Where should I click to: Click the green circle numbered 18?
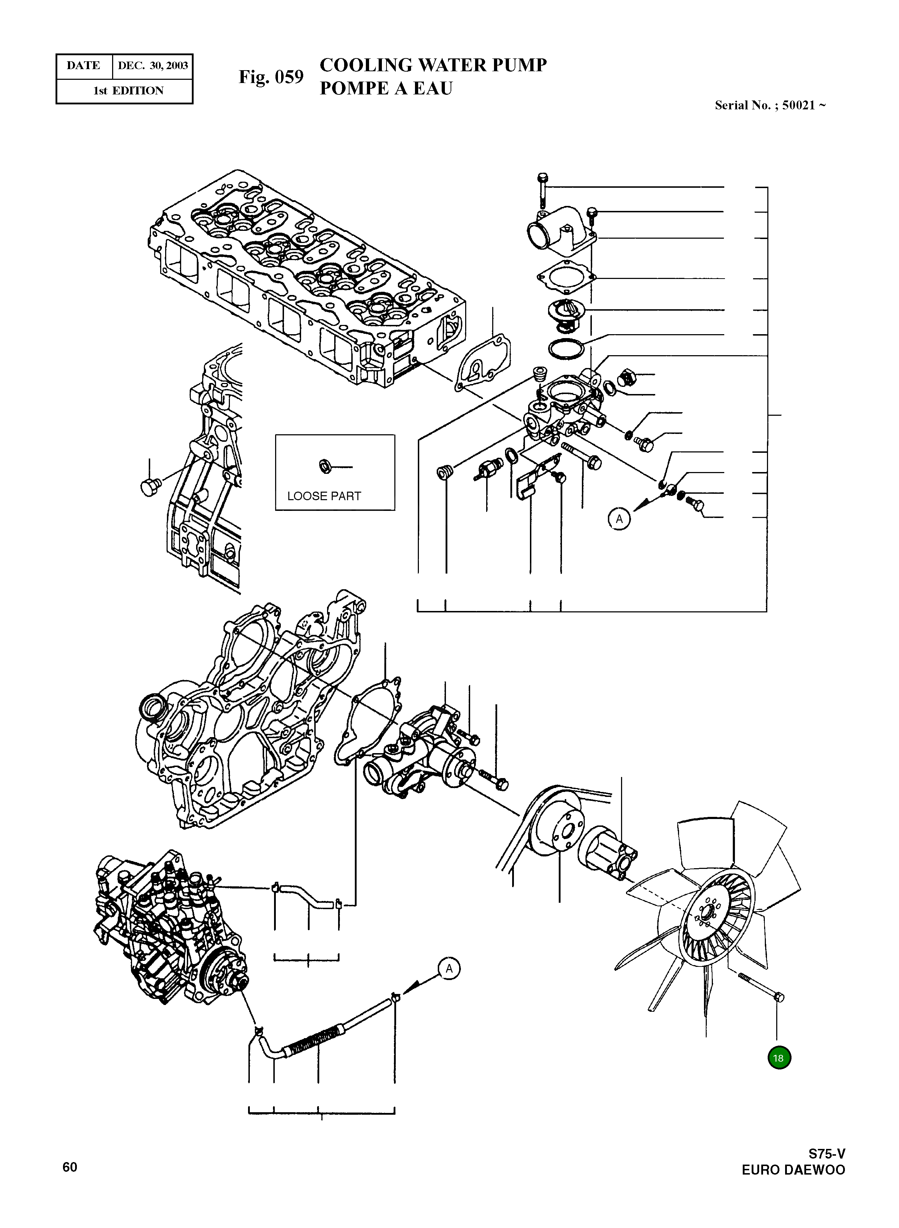[778, 1058]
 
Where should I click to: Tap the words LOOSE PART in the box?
[324, 496]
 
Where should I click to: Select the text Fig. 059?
[270, 77]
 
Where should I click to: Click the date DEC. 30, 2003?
[152, 66]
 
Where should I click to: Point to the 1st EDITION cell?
[128, 91]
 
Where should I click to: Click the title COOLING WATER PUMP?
[433, 65]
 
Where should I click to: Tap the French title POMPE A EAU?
[385, 88]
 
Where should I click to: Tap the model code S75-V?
[826, 1154]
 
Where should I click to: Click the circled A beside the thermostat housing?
[619, 519]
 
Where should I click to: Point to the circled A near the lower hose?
[449, 969]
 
